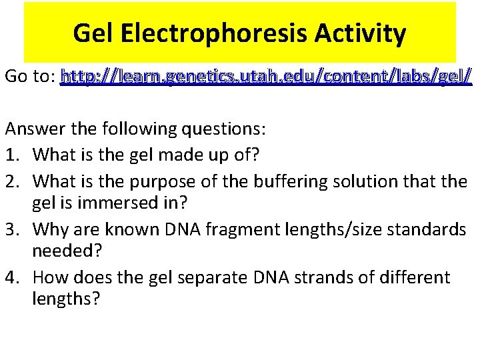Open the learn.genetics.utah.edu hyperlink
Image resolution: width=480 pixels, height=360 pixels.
coord(266,77)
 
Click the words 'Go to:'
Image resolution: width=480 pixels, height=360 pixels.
coord(29,77)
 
